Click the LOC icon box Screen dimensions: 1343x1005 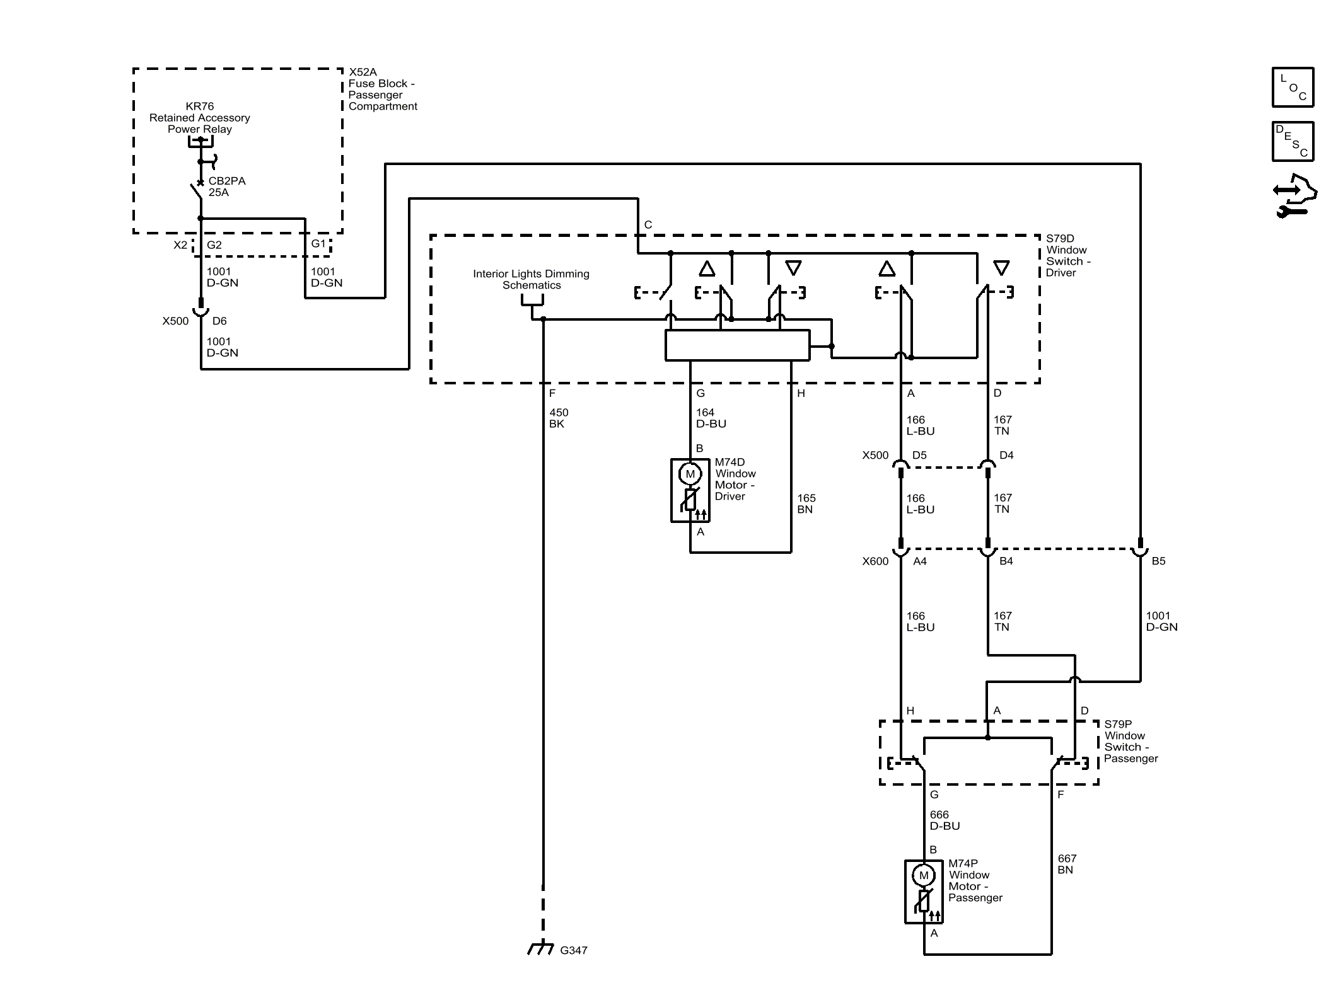1293,87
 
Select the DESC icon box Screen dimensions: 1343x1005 1293,142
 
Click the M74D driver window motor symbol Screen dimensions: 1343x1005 690,490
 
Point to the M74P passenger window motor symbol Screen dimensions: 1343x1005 924,892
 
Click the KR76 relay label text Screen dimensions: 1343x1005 200,118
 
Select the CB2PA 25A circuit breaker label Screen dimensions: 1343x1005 227,187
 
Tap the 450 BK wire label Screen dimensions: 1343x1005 559,418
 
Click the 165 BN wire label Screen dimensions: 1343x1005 806,503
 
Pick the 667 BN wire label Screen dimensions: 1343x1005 1067,864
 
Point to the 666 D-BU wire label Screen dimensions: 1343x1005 945,820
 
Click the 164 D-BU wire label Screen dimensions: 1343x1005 711,418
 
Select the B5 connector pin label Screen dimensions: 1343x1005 1158,561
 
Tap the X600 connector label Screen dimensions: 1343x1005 875,561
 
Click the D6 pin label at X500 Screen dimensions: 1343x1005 219,321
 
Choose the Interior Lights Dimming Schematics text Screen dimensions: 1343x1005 532,279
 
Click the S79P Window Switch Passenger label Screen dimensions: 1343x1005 1131,742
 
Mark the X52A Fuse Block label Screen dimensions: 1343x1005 383,89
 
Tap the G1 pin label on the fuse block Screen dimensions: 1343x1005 318,244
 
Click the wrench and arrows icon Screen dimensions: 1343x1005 1295,196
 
